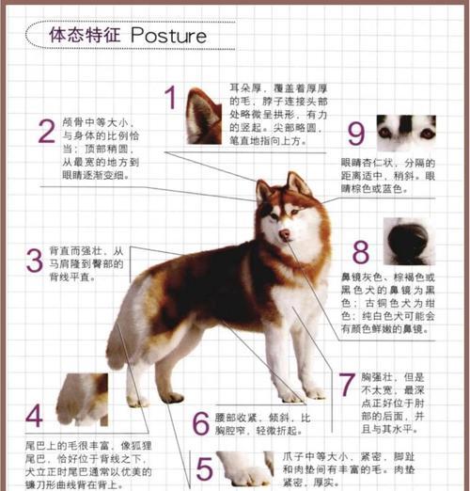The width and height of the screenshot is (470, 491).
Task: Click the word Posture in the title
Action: (168, 36)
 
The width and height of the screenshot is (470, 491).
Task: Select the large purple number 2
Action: (45, 132)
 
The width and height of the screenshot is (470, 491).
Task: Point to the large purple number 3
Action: (34, 261)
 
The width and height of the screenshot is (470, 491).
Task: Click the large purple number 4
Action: (34, 415)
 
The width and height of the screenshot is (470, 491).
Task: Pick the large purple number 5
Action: (204, 467)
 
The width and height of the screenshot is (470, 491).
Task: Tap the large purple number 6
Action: (200, 422)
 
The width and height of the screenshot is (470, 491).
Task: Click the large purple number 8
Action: (361, 252)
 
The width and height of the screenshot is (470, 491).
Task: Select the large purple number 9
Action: (356, 134)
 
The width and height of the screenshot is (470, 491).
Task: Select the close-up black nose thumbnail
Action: (407, 243)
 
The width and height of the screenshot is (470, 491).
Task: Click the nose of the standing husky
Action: (284, 233)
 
